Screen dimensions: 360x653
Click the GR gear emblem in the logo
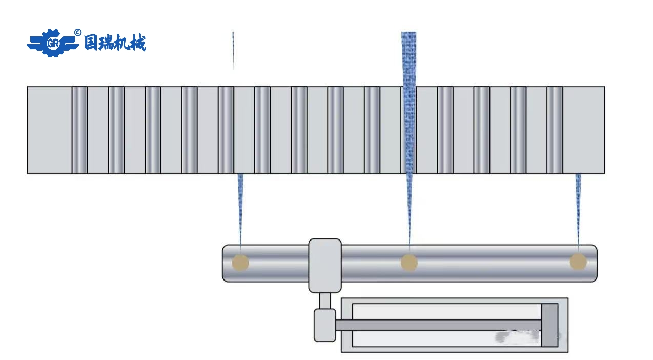click(x=52, y=43)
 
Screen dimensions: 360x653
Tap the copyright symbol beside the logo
click(x=78, y=32)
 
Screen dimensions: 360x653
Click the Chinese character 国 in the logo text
click(x=92, y=43)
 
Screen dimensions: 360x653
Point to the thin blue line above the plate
click(x=233, y=50)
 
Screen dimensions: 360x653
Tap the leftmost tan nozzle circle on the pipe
click(x=240, y=263)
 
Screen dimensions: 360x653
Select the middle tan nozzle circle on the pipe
click(x=409, y=263)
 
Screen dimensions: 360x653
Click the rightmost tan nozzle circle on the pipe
click(x=578, y=262)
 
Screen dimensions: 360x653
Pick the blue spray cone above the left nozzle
click(x=240, y=205)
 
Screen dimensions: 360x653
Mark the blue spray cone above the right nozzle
click(x=578, y=205)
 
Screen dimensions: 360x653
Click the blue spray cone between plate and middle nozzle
click(x=409, y=205)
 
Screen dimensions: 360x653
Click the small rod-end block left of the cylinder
click(x=325, y=325)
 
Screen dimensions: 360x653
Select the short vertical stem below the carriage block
click(x=325, y=301)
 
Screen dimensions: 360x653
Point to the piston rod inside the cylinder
click(x=436, y=325)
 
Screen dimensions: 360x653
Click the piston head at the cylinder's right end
click(x=549, y=325)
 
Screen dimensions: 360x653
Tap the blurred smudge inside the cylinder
click(x=518, y=336)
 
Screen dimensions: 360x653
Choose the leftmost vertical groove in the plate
click(x=79, y=130)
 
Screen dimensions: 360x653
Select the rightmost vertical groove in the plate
click(x=555, y=130)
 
